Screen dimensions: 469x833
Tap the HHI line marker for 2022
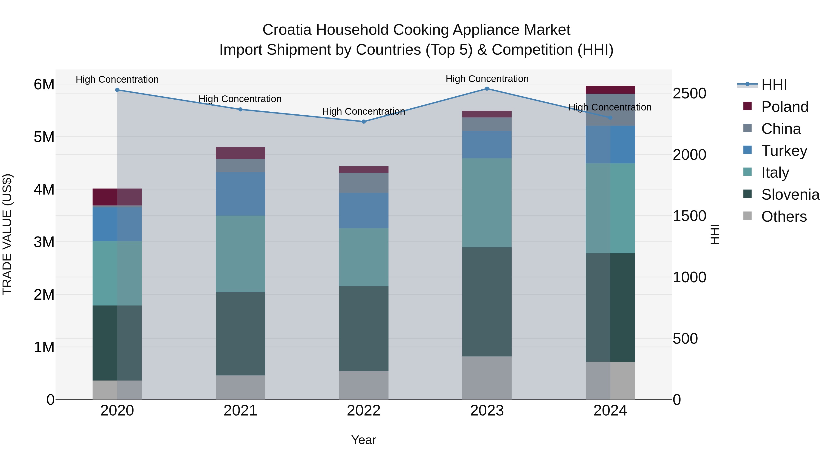click(364, 122)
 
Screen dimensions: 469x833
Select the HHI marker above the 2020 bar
click(117, 90)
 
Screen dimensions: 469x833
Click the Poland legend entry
click(784, 107)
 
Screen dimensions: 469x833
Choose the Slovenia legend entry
click(790, 195)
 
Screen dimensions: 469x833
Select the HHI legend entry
click(774, 85)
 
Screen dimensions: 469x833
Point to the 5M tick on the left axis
click(44, 137)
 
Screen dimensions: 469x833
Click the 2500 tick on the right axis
click(689, 94)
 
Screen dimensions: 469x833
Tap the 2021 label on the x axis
click(240, 411)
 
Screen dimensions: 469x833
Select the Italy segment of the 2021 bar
click(240, 254)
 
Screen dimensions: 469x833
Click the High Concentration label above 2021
click(240, 99)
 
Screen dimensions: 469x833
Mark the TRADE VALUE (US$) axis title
click(7, 234)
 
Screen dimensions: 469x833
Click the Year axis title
click(364, 440)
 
